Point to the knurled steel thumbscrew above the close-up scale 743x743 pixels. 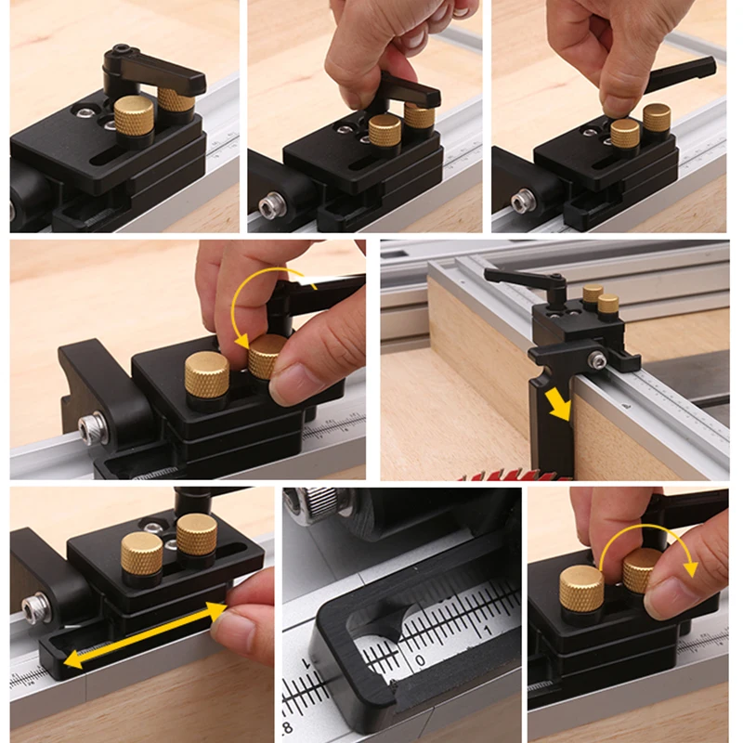pos(317,507)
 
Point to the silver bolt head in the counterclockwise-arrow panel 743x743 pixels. pos(93,428)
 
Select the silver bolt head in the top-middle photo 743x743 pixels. pos(270,206)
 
